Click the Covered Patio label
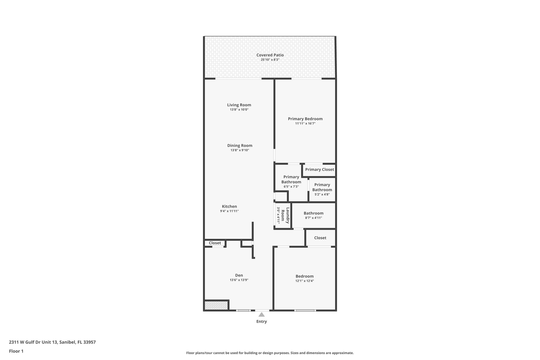[270, 55]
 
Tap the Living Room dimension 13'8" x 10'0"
[239, 110]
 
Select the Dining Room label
[240, 146]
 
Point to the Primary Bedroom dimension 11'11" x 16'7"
[305, 123]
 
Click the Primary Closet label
[319, 170]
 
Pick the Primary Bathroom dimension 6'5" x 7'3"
[291, 187]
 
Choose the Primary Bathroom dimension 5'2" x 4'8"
[322, 195]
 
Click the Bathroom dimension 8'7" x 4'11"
[314, 218]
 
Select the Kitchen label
[229, 207]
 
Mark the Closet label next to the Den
[215, 243]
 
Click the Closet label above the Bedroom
[320, 238]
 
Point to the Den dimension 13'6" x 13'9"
[239, 280]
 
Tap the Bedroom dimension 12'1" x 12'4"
[305, 281]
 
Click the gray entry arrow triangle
[261, 315]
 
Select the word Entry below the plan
[262, 321]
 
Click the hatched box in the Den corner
[216, 306]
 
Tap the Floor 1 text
[16, 351]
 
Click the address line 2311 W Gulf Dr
[52, 342]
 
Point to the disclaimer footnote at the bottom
[270, 353]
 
